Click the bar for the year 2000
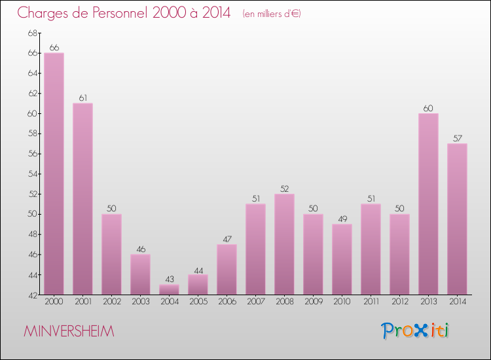tap(54, 173)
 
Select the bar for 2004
tap(169, 289)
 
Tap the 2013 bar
tap(428, 204)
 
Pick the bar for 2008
tap(284, 244)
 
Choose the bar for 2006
tap(227, 269)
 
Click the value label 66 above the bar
tap(54, 48)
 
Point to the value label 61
tap(82, 98)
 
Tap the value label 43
tap(169, 279)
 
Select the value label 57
tap(457, 138)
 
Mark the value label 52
tap(284, 189)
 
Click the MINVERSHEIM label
tap(69, 332)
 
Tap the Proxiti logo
tap(415, 331)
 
